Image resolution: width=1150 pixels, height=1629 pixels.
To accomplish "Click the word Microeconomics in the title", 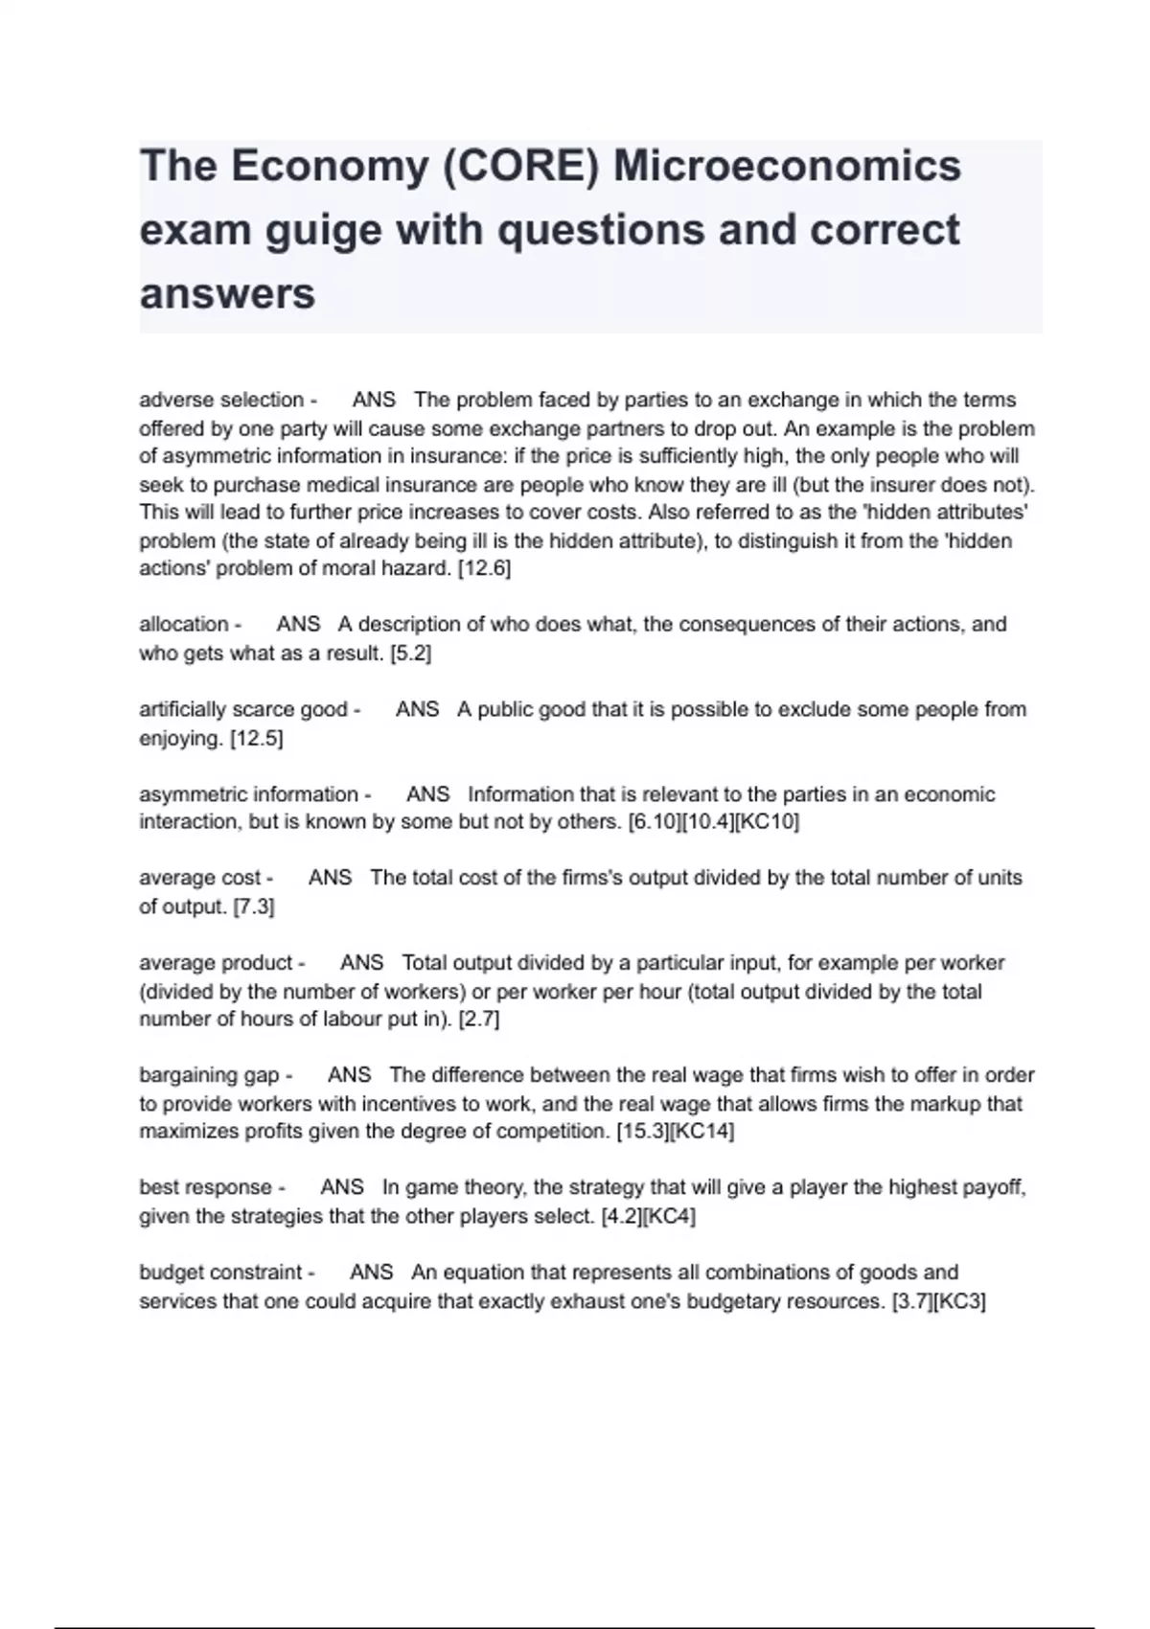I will coord(787,166).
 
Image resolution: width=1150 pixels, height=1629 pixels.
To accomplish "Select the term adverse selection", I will coord(221,400).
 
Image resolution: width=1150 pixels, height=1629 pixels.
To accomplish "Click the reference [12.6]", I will coord(484,568).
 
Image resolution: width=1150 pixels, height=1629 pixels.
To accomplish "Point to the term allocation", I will coord(184,624).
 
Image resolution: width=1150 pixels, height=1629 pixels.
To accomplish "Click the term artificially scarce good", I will coord(243,709).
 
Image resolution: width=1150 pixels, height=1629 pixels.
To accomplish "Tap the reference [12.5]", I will coord(256,738).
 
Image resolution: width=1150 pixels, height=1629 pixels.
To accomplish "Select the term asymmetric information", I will coord(248,794).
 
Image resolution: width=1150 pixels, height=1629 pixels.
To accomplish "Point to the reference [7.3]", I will coord(254,906).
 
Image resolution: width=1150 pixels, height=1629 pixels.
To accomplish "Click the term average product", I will coord(216,962).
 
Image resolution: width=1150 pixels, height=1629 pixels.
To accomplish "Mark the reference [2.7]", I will coord(479,1019).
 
